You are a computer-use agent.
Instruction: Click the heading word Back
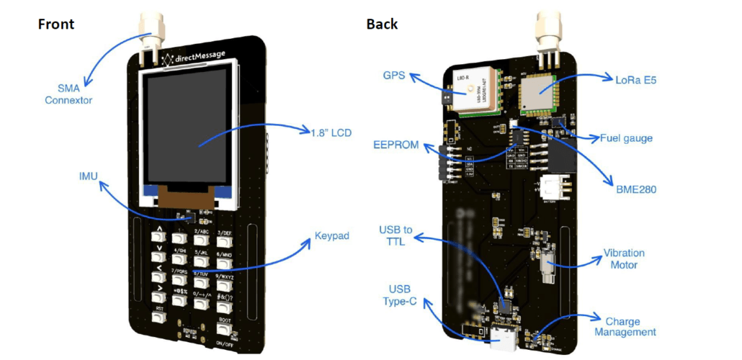tap(382, 24)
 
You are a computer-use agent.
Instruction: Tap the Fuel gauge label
tap(627, 138)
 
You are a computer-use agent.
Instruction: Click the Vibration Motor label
tap(624, 259)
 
